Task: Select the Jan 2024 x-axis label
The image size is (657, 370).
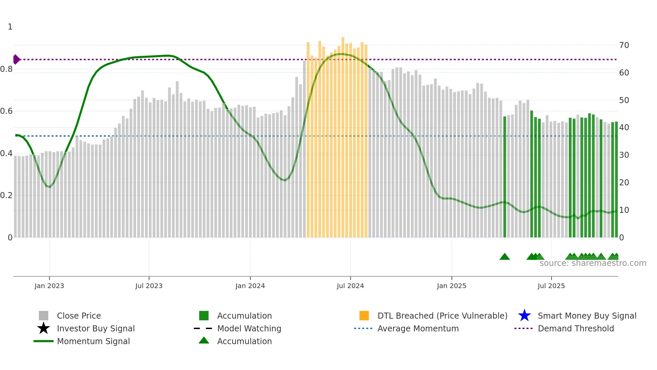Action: click(250, 286)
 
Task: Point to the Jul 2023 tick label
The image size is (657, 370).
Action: click(149, 286)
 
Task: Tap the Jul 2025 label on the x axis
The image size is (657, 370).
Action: click(551, 286)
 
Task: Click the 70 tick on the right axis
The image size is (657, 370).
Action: click(624, 45)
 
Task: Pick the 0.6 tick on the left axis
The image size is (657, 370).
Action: click(6, 111)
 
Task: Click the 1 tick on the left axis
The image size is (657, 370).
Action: click(10, 27)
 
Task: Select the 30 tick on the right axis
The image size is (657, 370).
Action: click(624, 155)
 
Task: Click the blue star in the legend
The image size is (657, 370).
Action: click(524, 316)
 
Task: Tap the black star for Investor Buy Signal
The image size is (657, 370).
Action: click(44, 328)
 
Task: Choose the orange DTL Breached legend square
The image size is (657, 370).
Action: click(364, 316)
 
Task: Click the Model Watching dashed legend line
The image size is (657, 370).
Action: click(203, 328)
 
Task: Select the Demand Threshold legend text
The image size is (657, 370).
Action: click(576, 328)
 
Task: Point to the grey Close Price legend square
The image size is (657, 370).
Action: click(44, 316)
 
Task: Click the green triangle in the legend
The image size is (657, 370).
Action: click(204, 340)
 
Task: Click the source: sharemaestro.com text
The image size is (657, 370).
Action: click(593, 263)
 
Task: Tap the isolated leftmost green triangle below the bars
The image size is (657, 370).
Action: click(504, 257)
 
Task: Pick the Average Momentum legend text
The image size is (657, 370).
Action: click(418, 328)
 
